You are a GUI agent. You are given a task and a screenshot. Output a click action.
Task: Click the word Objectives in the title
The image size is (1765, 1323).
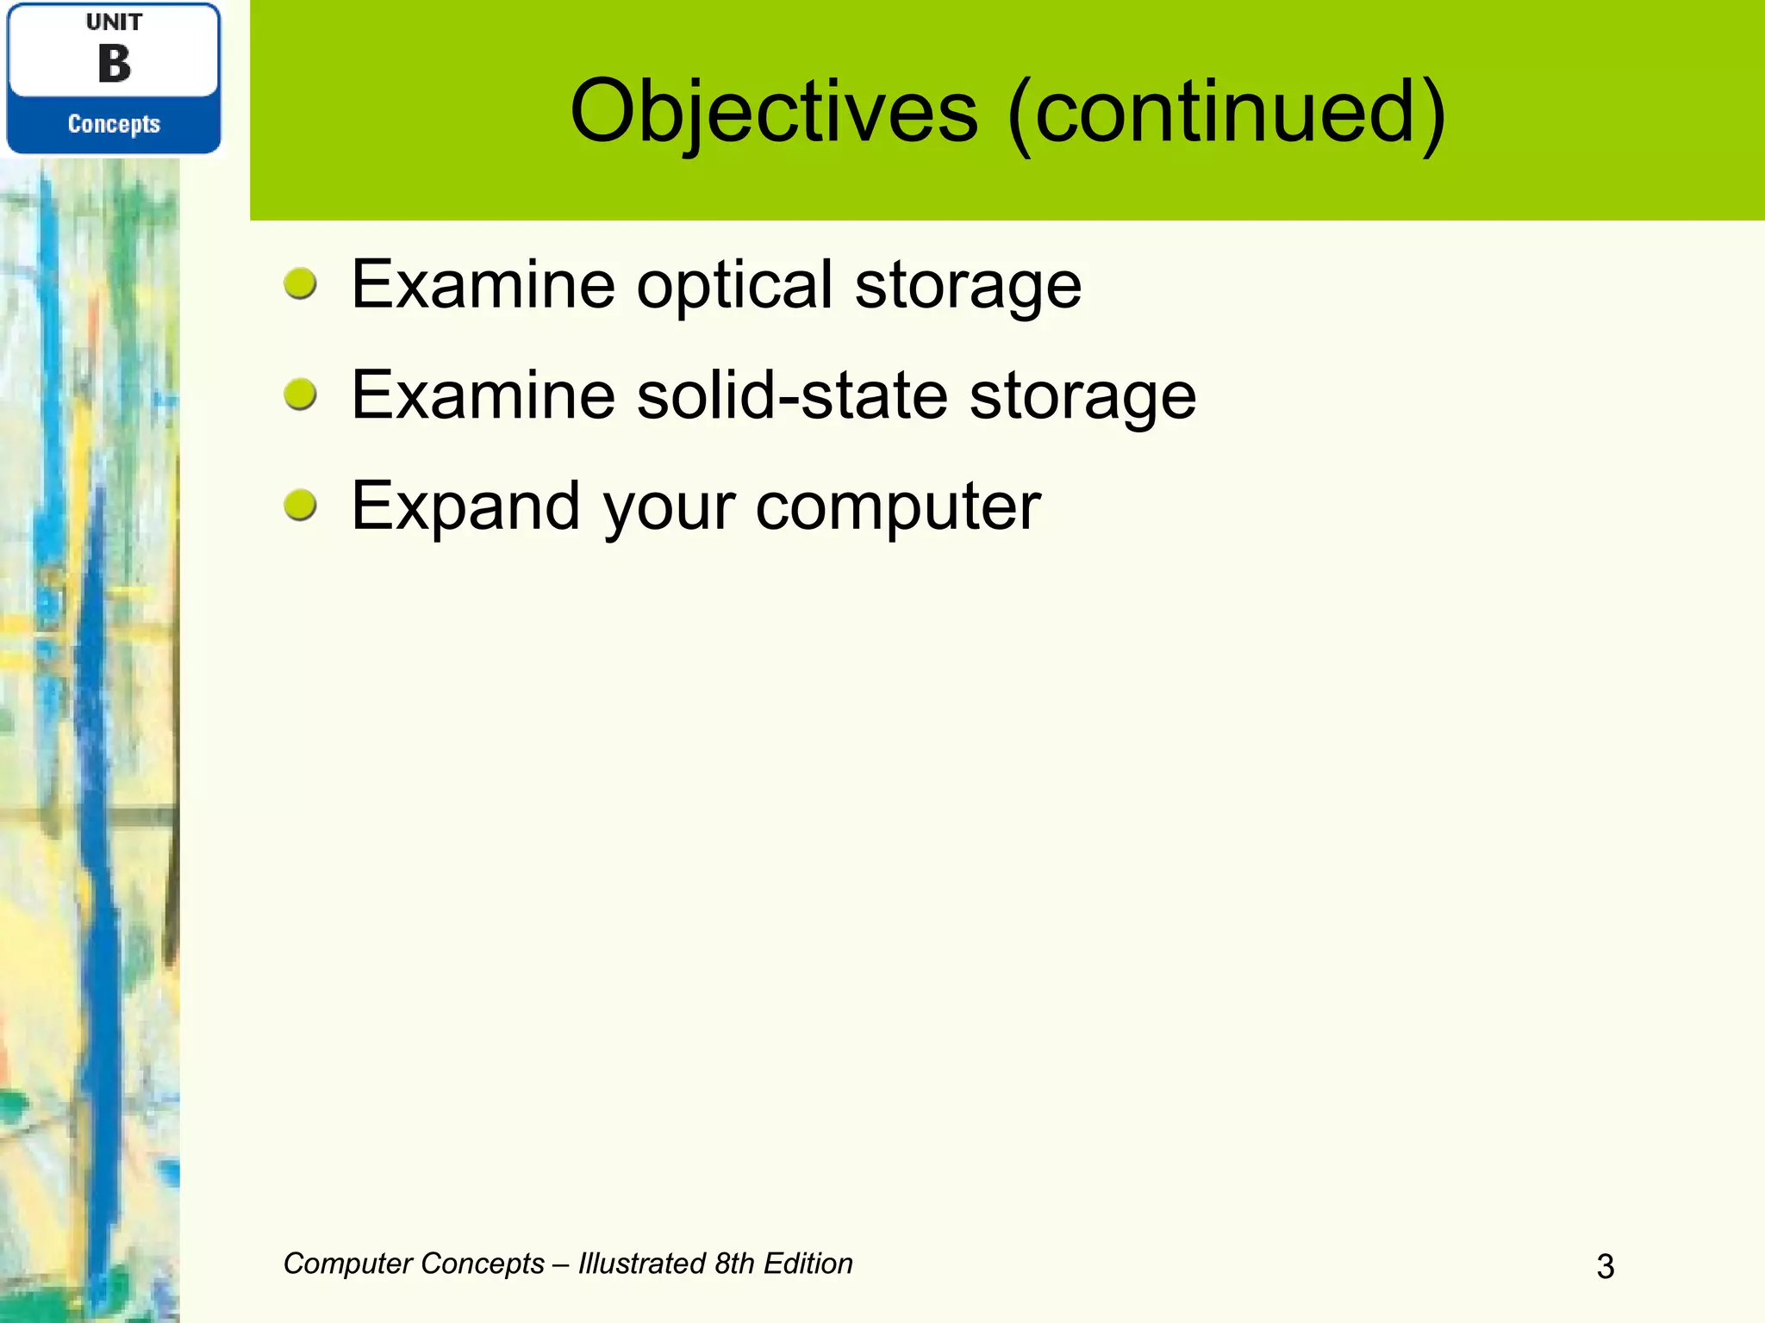pos(773,112)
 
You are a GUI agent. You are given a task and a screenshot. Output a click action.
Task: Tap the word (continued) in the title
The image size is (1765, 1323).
pos(1226,112)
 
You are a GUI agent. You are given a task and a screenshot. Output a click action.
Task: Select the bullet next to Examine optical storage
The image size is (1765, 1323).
pos(300,283)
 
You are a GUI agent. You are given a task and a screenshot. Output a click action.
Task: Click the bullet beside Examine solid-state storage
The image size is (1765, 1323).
pos(300,394)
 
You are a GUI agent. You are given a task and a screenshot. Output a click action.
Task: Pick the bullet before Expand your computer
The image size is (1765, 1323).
pos(300,505)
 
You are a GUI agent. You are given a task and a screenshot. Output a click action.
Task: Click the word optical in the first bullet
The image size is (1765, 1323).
pos(734,286)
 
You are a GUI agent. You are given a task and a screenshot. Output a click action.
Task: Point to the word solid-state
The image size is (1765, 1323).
pos(792,395)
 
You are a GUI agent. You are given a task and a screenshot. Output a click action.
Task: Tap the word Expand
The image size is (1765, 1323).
pos(465,507)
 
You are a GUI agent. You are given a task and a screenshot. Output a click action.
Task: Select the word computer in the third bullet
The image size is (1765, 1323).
pos(898,507)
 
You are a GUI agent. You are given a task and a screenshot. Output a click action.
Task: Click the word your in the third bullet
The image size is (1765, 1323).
pos(669,507)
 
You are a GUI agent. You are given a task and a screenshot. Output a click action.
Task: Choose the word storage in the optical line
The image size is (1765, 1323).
pos(967,286)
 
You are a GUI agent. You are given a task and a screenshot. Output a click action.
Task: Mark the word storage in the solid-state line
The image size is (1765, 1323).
pos(1082,395)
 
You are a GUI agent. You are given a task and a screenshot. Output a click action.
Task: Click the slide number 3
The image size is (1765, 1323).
pos(1605,1266)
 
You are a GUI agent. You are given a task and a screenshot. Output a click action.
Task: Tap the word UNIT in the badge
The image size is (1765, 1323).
pos(114,22)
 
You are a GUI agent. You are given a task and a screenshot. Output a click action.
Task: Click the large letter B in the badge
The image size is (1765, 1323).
pos(114,64)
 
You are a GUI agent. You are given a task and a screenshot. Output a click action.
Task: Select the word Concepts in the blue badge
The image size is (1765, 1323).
pos(114,124)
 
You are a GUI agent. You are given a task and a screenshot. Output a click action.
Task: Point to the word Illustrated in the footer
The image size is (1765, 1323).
pos(642,1264)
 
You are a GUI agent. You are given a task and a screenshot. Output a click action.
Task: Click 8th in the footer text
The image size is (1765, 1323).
pos(734,1264)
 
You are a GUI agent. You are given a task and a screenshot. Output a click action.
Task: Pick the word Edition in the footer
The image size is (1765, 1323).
pos(808,1264)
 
